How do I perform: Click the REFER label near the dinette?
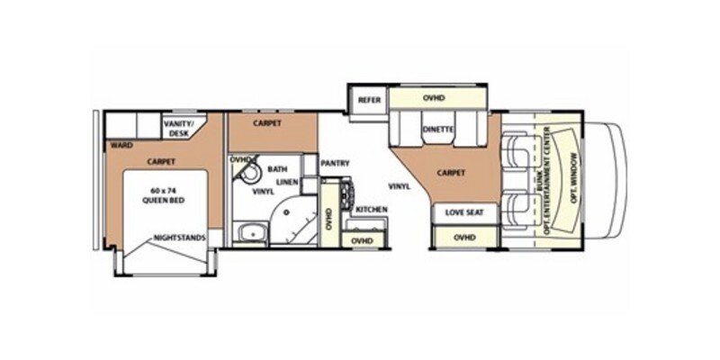pos(366,99)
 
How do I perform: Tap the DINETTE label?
pos(438,130)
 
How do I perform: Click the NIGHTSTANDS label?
pos(180,238)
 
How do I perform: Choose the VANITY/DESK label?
pos(184,128)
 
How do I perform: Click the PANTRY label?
pos(334,163)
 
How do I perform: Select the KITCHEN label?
pos(371,209)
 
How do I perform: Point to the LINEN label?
pos(287,182)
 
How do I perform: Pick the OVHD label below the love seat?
pos(464,238)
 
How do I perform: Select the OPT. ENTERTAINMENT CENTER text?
pos(551,182)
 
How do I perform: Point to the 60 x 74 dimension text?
pos(162,191)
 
